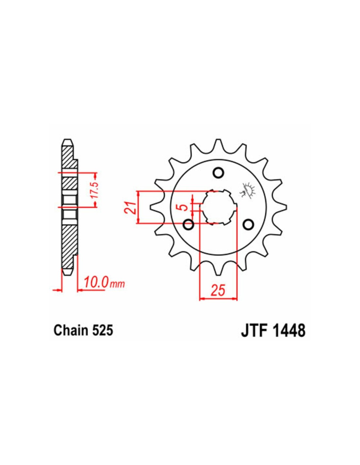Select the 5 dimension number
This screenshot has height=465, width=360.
(183, 207)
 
